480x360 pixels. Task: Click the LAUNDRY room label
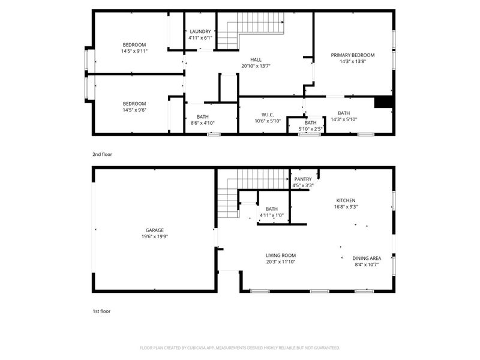[200, 31]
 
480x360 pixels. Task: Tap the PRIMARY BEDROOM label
[352, 55]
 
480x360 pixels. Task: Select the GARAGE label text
[154, 230]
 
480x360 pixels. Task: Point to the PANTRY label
[302, 179]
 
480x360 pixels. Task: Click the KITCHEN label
[346, 200]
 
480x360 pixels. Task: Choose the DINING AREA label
[366, 259]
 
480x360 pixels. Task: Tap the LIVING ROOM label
[280, 255]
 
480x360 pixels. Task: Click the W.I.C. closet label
[268, 113]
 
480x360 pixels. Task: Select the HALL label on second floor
[256, 59]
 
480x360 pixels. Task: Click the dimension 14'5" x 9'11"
[134, 51]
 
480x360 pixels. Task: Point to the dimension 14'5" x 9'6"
[134, 110]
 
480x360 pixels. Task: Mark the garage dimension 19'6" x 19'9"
[154, 236]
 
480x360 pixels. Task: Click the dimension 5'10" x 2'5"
[310, 128]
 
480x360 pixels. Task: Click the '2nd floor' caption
[102, 154]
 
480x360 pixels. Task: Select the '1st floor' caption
[101, 311]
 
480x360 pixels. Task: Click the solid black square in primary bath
[383, 102]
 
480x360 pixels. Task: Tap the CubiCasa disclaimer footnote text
[240, 348]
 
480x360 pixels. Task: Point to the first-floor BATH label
[272, 209]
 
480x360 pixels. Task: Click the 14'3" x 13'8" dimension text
[352, 61]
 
